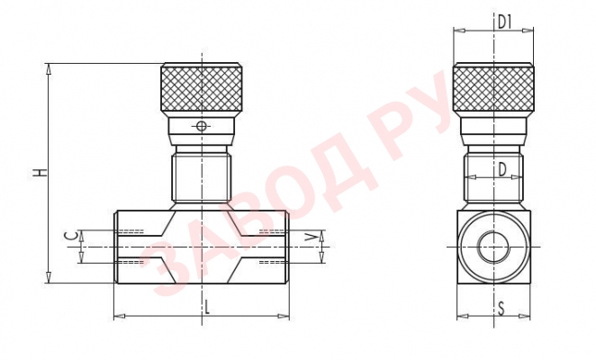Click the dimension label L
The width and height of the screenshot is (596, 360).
click(x=207, y=306)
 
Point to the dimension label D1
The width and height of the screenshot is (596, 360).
click(x=505, y=20)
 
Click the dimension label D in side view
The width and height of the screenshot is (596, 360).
click(x=502, y=168)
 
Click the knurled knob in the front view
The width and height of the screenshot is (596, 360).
click(x=202, y=88)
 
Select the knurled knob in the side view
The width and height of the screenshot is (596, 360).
click(x=493, y=88)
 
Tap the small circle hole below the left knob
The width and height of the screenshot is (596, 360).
click(x=202, y=126)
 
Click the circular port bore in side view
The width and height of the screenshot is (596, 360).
click(x=493, y=246)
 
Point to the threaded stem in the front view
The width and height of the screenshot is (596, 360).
click(x=202, y=177)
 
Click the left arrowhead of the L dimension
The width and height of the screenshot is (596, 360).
click(x=119, y=316)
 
